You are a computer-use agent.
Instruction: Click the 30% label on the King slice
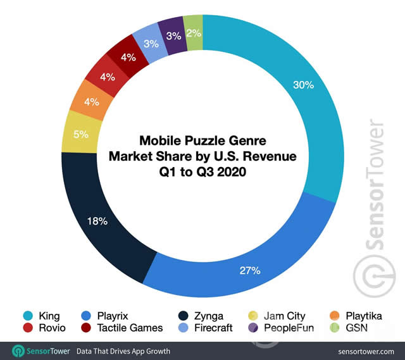(304, 85)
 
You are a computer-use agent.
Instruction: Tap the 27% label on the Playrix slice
(249, 271)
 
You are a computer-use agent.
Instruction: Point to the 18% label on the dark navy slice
(97, 221)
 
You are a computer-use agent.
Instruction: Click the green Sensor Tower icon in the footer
(19, 350)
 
